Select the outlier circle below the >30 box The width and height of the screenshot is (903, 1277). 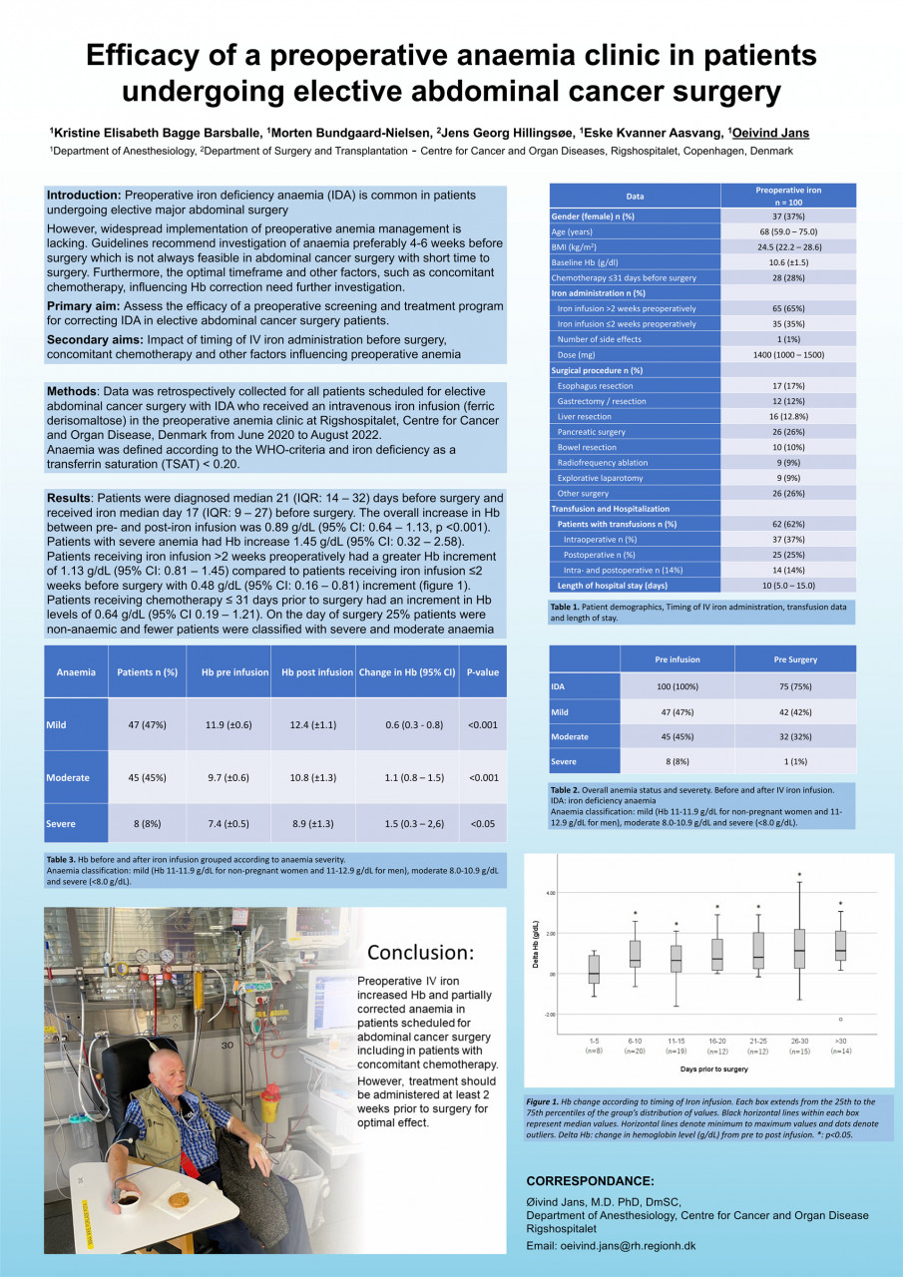(x=840, y=1019)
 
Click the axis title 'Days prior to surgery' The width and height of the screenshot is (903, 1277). (x=713, y=1068)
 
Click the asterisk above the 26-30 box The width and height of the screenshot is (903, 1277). (x=799, y=875)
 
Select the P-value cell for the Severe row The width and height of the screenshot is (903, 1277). (x=482, y=823)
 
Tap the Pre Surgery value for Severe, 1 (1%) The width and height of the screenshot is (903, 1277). (x=794, y=761)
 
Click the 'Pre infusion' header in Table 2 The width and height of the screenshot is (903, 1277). (x=677, y=659)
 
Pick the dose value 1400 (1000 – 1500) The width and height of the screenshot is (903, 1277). (x=794, y=354)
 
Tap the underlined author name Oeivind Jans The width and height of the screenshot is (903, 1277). (x=770, y=133)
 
